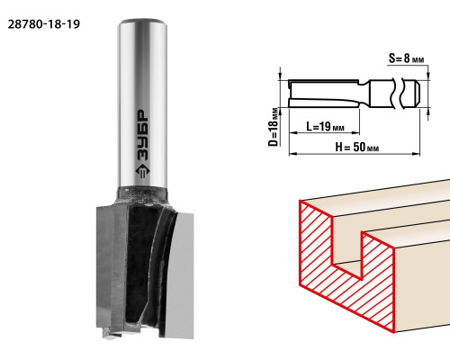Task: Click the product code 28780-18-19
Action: pos(44,24)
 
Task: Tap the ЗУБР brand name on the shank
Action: pos(143,136)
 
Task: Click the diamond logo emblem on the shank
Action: pos(143,171)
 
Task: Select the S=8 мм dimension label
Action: pos(407,58)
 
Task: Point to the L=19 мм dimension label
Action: pos(326,126)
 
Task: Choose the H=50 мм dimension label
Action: pos(357,147)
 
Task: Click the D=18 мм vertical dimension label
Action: pos(273,127)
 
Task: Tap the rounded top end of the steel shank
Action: pos(142,23)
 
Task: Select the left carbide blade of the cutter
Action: pos(110,267)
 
